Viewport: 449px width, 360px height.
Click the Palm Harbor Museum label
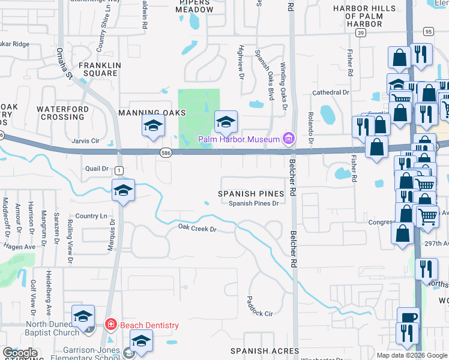[x=240, y=140]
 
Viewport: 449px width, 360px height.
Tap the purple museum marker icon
[x=289, y=139]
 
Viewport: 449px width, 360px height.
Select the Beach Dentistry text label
[x=149, y=325]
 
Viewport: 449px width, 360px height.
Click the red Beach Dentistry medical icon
[x=110, y=325]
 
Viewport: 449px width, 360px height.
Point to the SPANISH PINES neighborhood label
[x=250, y=194]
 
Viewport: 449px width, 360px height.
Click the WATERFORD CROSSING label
[x=63, y=113]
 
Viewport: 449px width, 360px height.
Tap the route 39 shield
[x=360, y=34]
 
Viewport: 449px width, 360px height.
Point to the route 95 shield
[x=427, y=31]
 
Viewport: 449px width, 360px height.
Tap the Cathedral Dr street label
[x=330, y=92]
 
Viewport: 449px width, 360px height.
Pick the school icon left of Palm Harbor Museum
[x=226, y=122]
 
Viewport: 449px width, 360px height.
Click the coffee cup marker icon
[x=408, y=317]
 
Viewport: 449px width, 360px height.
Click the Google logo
[x=20, y=353]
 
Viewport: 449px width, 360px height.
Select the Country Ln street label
[x=91, y=216]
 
